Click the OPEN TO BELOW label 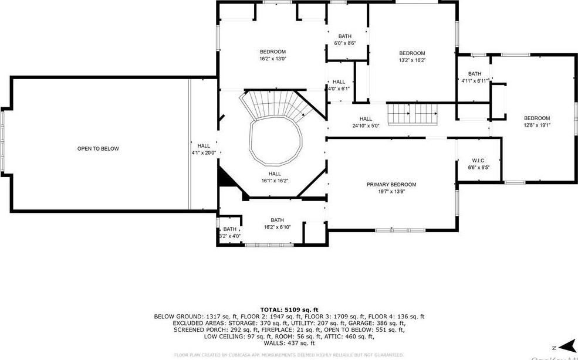point(98,149)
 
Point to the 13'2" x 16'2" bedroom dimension point(411,60)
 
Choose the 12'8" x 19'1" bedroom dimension point(536,125)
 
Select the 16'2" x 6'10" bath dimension point(277,227)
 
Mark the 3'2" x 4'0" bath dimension point(229,236)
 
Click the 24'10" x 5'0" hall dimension point(366,125)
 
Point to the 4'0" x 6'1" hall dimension point(339,89)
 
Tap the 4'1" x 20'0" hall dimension point(204,153)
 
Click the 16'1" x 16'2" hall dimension point(274,181)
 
